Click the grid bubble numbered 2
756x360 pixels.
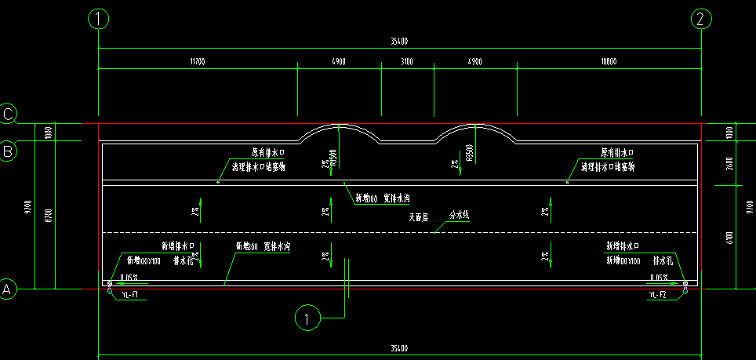point(702,19)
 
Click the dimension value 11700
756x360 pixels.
point(197,61)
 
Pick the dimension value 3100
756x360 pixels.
point(407,61)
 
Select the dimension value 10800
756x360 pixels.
point(608,61)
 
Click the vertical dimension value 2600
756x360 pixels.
point(730,163)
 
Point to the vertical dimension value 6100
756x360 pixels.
point(730,237)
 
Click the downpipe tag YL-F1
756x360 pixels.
point(130,295)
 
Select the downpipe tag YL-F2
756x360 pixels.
point(657,295)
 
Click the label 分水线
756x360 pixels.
point(458,214)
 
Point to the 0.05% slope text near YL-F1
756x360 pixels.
point(129,277)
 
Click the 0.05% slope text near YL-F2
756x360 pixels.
point(659,277)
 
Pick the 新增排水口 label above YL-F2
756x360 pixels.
point(623,245)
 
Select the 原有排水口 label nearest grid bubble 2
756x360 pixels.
point(617,152)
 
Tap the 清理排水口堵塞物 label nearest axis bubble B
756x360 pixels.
point(258,167)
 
